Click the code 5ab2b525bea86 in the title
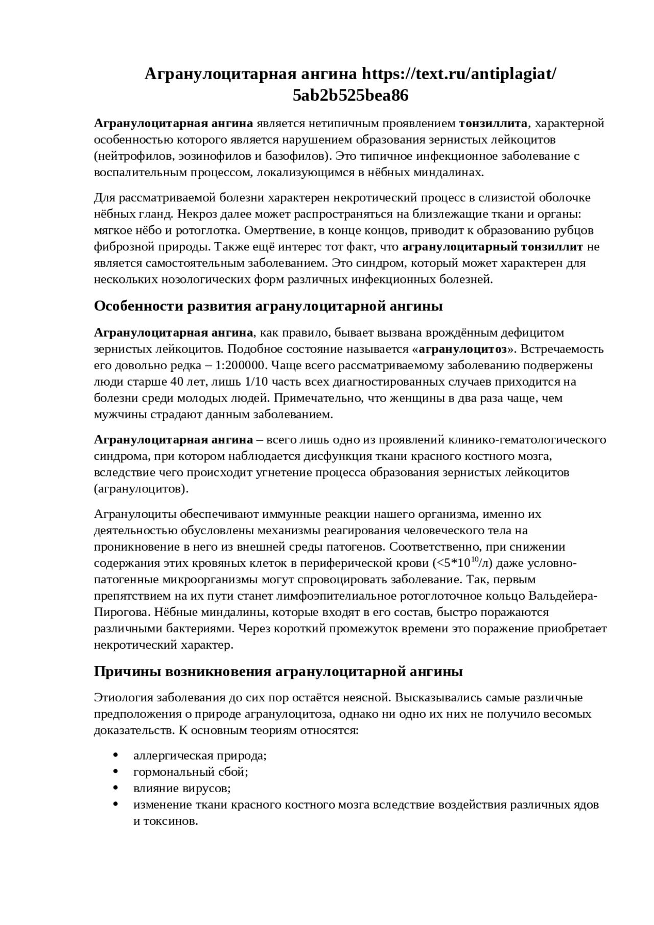tap(351, 96)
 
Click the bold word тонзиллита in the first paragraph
tap(493, 123)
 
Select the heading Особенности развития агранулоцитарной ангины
tap(268, 306)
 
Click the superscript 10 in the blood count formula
tap(474, 560)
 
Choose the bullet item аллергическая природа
tap(200, 755)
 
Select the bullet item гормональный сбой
tap(191, 772)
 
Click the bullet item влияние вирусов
tap(182, 788)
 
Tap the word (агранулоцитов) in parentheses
tap(141, 489)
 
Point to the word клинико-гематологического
tap(527, 440)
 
